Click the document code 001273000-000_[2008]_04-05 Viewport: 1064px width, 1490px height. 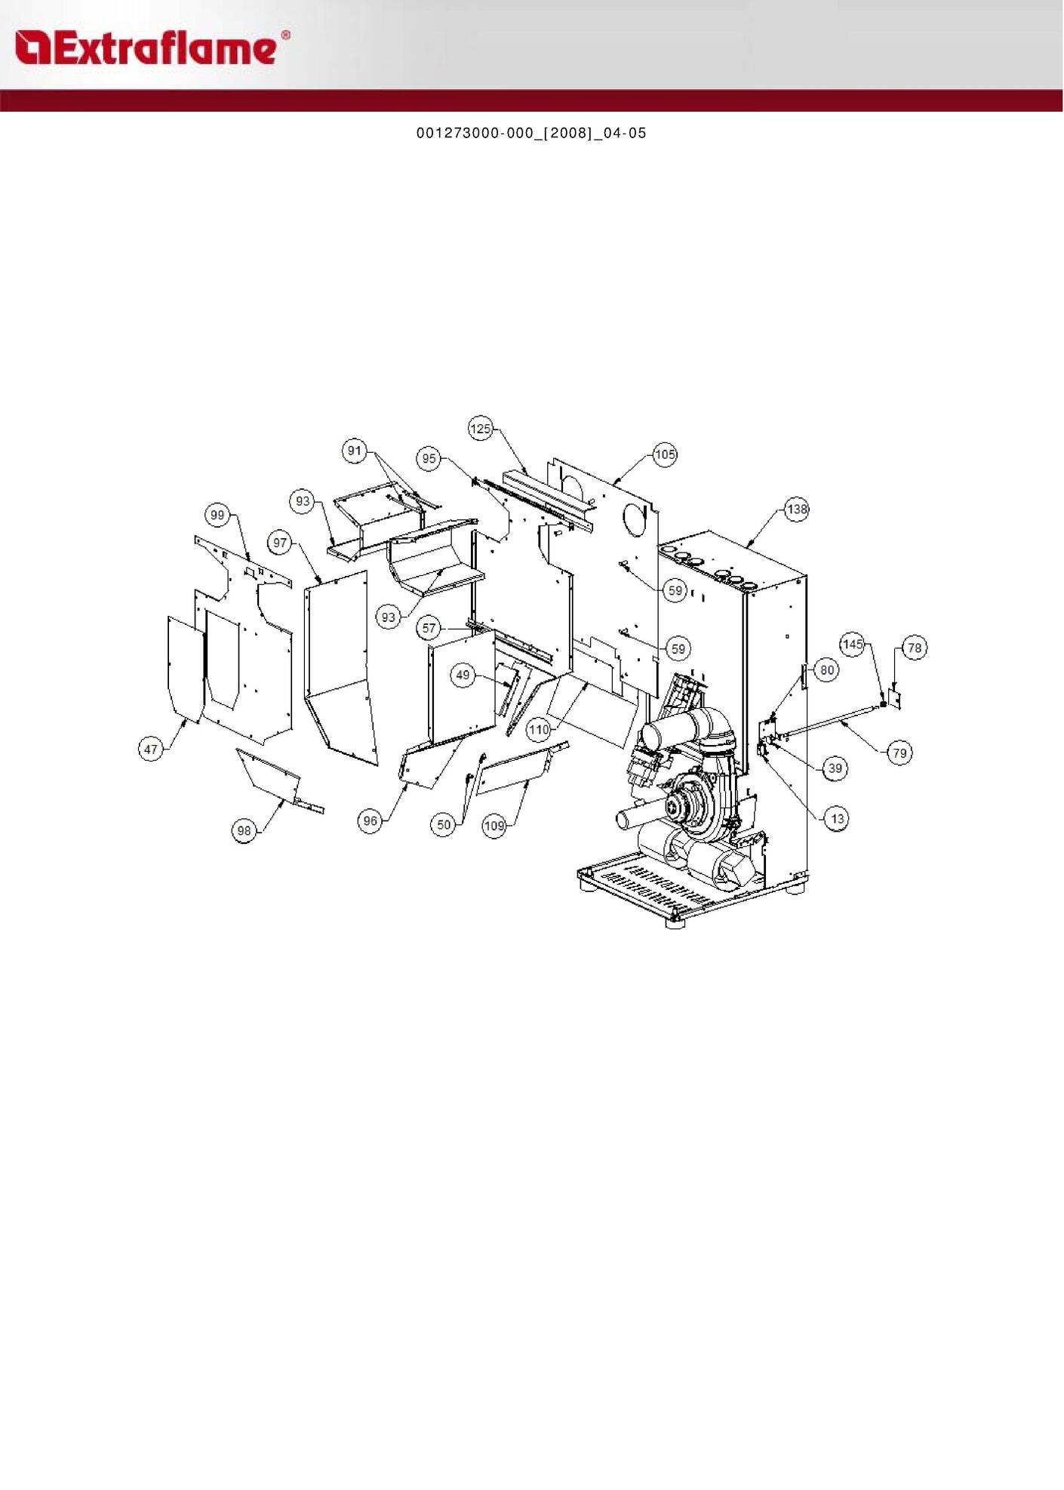(531, 134)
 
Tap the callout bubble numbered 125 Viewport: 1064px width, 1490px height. (481, 429)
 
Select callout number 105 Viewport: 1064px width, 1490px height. (665, 454)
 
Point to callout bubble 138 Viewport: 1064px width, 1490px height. (797, 509)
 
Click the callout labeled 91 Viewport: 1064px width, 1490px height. (355, 451)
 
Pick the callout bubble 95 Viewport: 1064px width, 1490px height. (429, 458)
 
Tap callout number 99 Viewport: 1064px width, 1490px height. (217, 516)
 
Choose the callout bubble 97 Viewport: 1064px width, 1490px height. (281, 543)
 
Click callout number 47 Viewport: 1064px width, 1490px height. (151, 749)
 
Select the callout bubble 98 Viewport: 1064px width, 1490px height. (244, 831)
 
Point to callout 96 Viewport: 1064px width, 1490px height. (370, 821)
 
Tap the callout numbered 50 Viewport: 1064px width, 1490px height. (444, 824)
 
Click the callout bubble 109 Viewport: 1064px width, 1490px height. (494, 826)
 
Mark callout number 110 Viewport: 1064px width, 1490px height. (539, 729)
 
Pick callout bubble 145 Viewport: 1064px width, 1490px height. (853, 644)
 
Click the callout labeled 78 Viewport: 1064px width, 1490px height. (915, 648)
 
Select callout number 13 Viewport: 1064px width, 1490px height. (837, 819)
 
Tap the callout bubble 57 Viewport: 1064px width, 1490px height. (429, 628)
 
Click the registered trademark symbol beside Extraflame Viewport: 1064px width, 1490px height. (285, 35)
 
